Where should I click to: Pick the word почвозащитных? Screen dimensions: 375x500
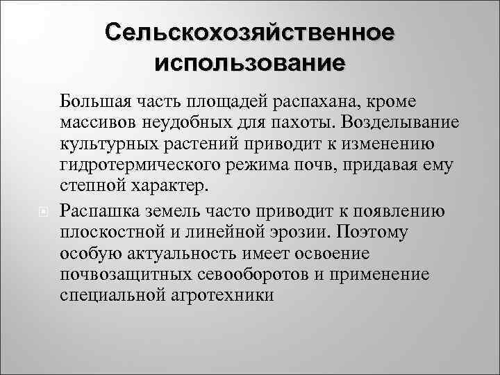click(x=114, y=274)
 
